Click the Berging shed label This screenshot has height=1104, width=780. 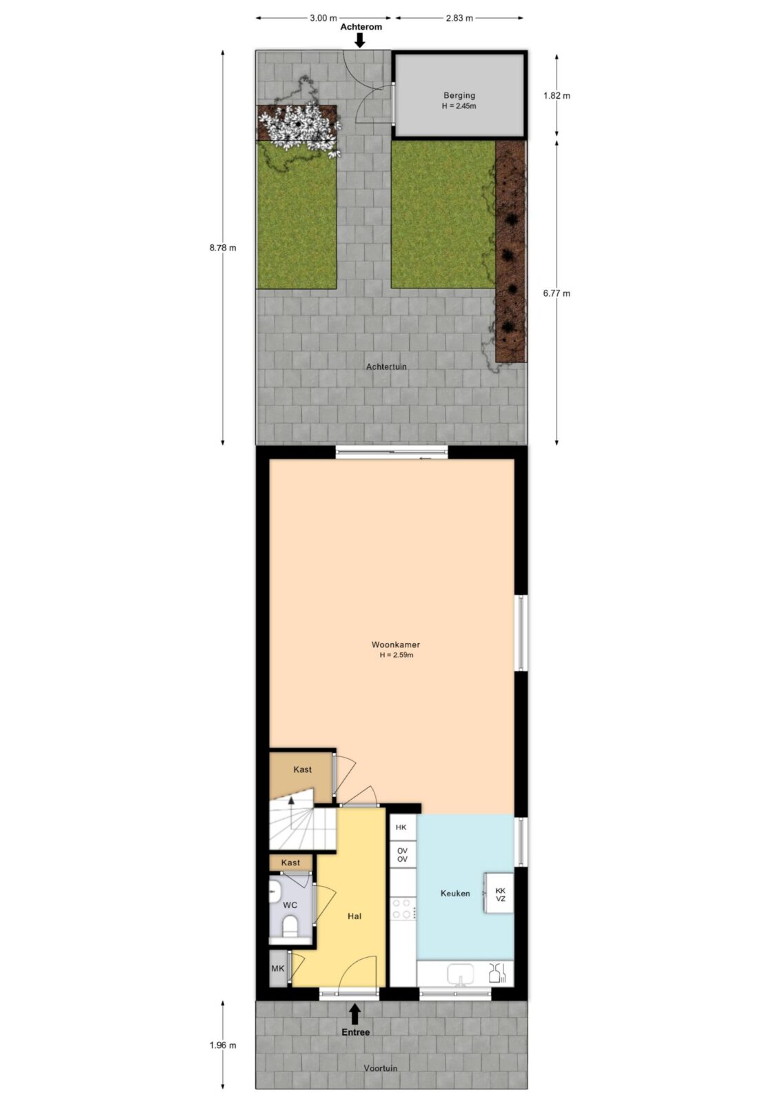459,96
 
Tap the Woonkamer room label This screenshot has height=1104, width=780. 396,644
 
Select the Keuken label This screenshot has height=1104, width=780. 454,893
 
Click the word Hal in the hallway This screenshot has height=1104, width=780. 354,916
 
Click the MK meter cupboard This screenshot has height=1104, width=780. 278,969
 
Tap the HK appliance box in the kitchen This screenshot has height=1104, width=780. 401,827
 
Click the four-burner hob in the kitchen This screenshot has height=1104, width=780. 402,909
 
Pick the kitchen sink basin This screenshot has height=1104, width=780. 460,974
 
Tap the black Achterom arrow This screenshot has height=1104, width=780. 360,40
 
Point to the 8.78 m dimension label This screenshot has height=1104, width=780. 223,248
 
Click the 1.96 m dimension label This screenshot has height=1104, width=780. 223,1045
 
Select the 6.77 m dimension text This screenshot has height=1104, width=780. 557,293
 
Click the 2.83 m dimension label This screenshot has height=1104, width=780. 459,18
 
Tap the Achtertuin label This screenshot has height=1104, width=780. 386,366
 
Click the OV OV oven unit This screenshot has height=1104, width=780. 402,855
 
